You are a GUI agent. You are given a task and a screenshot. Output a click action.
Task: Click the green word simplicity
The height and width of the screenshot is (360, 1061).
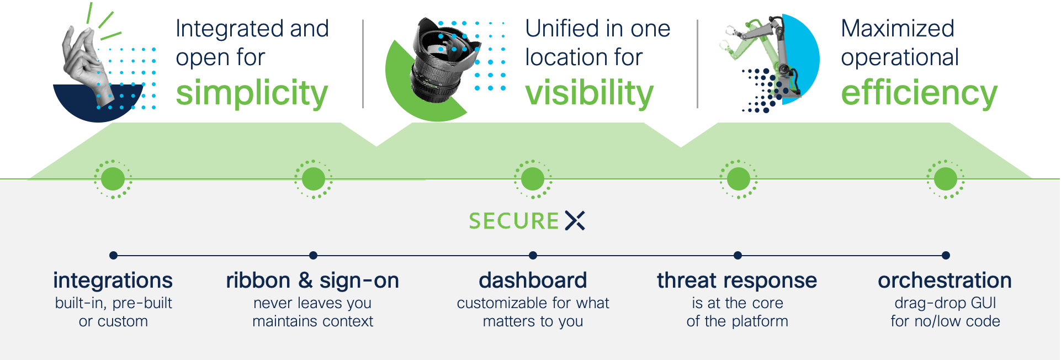[x=252, y=93]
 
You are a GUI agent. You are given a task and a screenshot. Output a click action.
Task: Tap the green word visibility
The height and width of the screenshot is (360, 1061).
[x=589, y=93]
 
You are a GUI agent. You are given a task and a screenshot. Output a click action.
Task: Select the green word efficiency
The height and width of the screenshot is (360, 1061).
[x=919, y=93]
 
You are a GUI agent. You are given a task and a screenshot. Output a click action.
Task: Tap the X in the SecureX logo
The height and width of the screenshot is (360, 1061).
[x=575, y=220]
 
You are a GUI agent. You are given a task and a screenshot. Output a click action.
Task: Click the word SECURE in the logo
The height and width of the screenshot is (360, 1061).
[x=514, y=221]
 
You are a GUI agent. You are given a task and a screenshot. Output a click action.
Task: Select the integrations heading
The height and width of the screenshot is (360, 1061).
[x=113, y=280]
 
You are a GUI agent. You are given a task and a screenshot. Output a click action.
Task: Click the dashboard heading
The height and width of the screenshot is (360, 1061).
[x=533, y=280]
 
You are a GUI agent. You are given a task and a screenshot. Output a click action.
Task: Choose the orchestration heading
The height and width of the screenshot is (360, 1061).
[x=945, y=280]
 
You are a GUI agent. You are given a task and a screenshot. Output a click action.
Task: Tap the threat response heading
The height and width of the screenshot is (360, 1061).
[x=737, y=280]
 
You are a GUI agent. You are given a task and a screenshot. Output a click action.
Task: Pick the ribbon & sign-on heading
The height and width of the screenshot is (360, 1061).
[x=312, y=280]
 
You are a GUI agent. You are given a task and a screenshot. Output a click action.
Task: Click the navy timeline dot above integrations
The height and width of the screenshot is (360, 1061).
[x=113, y=255]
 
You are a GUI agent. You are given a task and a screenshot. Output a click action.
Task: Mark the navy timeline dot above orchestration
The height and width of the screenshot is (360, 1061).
[x=946, y=255]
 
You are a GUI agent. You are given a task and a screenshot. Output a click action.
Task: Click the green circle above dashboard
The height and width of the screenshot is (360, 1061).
[x=533, y=179]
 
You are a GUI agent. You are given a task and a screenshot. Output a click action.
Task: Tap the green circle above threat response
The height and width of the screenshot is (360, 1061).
[x=738, y=179]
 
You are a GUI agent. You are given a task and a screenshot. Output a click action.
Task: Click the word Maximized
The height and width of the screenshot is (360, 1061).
[x=897, y=29]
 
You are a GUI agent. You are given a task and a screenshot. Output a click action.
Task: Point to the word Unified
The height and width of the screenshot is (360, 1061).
[x=562, y=29]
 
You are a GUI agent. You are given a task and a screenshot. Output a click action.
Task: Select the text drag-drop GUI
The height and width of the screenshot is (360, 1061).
[x=945, y=303]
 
